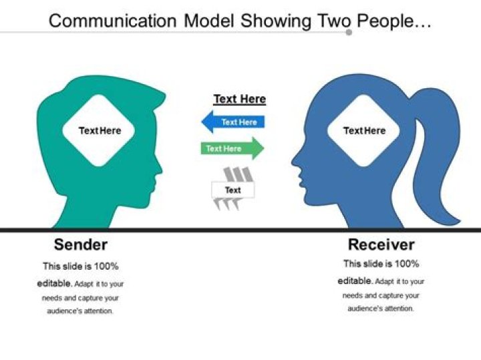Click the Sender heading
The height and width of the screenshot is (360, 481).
point(81,244)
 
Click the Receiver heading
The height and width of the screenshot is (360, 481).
point(381,244)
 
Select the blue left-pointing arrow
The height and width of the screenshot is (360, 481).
point(233,122)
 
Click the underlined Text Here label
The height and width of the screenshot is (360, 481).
point(239,100)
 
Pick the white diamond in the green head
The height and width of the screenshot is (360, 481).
point(100,130)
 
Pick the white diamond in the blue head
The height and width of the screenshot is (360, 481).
point(364,130)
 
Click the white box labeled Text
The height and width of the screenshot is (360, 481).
point(232,190)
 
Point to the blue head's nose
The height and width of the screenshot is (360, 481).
point(294,162)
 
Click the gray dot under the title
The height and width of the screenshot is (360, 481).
point(349,32)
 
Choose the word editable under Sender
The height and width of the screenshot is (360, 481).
point(54,283)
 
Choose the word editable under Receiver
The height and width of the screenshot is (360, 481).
point(355,281)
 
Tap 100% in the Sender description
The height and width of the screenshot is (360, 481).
point(105,266)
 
